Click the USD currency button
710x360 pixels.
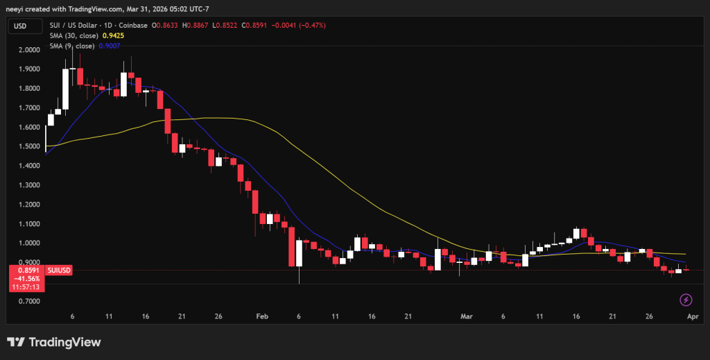pyautogui.click(x=19, y=26)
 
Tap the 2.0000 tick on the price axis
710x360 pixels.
pyautogui.click(x=28, y=51)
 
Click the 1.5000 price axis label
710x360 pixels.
pyautogui.click(x=28, y=147)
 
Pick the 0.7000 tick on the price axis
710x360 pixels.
pyautogui.click(x=28, y=302)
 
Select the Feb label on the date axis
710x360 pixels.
pyautogui.click(x=262, y=316)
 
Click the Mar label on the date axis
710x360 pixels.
pyautogui.click(x=466, y=316)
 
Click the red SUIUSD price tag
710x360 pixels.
pyautogui.click(x=58, y=270)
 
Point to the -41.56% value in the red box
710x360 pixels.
pyautogui.click(x=28, y=278)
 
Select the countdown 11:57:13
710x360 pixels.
pyautogui.click(x=28, y=286)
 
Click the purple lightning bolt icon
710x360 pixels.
pyautogui.click(x=686, y=300)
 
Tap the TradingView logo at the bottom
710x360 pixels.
pyautogui.click(x=53, y=342)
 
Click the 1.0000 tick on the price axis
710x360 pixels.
pyautogui.click(x=28, y=243)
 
